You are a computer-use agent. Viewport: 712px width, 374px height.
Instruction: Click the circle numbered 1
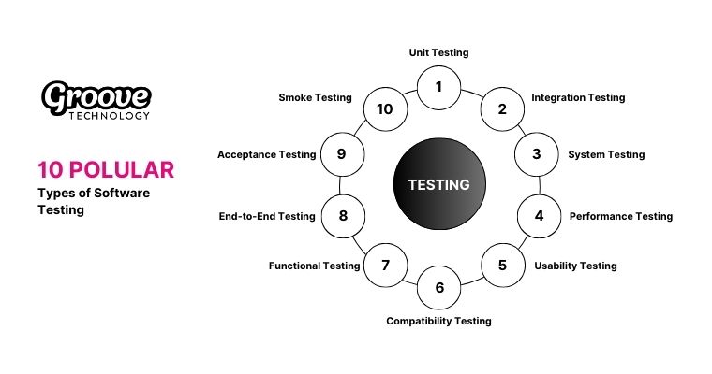click(439, 88)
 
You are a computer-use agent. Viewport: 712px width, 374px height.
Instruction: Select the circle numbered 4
click(539, 216)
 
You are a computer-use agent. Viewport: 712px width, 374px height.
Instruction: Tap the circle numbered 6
click(439, 288)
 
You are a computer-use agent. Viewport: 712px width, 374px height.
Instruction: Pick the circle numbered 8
click(343, 216)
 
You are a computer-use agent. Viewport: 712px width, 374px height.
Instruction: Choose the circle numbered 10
click(385, 108)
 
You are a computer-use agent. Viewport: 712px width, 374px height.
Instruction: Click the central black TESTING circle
click(438, 184)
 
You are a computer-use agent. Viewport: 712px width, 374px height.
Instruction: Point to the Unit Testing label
click(439, 53)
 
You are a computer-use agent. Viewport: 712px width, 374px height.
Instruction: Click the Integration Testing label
click(578, 97)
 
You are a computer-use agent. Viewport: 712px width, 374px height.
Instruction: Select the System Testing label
click(606, 154)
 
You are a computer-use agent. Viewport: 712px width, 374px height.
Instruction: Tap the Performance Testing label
click(621, 216)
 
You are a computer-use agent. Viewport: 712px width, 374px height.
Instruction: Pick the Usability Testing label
click(575, 266)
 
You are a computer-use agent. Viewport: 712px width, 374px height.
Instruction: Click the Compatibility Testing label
click(438, 321)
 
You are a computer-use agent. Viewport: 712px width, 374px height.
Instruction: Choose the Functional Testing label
click(314, 266)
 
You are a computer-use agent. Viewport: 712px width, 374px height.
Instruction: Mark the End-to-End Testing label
click(266, 216)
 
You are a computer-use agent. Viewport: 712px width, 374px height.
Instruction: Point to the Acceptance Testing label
click(266, 154)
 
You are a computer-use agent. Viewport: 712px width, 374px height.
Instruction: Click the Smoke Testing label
click(315, 97)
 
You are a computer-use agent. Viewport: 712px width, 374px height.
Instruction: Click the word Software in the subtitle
click(119, 192)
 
